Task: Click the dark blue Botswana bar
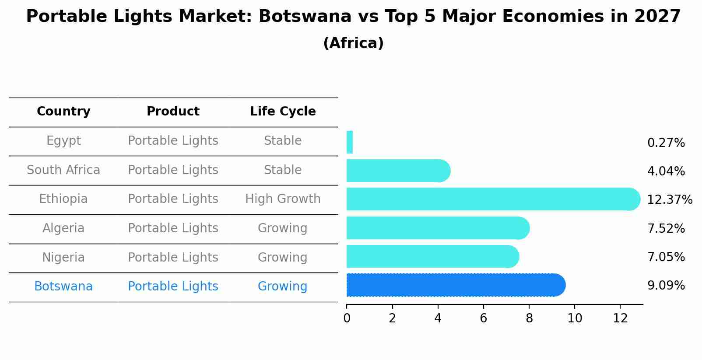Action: point(455,285)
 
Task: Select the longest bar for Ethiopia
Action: point(492,199)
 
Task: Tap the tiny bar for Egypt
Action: point(349,142)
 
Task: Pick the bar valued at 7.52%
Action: point(438,228)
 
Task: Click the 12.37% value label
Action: point(669,200)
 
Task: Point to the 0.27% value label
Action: point(666,143)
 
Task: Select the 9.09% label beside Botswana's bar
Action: point(666,286)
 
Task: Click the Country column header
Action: point(63,112)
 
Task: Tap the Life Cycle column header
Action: point(283,112)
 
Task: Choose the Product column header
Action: point(173,112)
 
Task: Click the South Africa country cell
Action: point(63,170)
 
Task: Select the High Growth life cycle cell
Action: point(283,199)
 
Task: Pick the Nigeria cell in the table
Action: point(63,257)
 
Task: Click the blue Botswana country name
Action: point(63,287)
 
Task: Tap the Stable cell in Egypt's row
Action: point(283,141)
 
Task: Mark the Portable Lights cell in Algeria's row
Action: point(173,228)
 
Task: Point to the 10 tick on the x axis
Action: point(575,318)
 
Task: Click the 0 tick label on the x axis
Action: point(347,318)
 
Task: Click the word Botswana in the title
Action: point(305,17)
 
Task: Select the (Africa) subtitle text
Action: point(353,43)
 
